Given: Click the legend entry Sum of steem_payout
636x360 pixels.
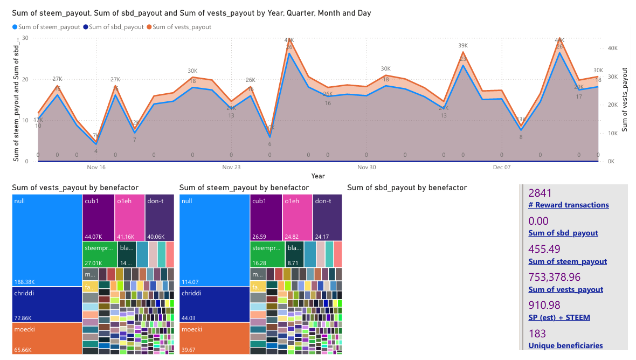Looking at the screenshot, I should (49, 27).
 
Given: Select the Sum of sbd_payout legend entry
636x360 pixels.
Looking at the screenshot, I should (116, 27).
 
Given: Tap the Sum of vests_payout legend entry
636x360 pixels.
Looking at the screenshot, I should (182, 27).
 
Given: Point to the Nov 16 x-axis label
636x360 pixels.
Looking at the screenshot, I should (96, 168).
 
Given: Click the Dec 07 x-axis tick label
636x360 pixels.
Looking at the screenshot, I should (501, 168).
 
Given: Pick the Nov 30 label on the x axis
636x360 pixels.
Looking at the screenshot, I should (366, 168).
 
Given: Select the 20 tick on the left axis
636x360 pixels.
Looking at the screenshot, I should (25, 79).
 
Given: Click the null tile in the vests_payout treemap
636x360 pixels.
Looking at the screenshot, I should (47, 240).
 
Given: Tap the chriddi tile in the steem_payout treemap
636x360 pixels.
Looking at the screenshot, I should (214, 304).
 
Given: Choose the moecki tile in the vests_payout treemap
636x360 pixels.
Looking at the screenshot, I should (47, 338).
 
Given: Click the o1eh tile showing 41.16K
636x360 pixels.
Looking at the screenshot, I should (129, 218).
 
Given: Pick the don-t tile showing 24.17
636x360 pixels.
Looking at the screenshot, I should (327, 218).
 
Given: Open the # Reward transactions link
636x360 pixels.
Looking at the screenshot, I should (569, 205).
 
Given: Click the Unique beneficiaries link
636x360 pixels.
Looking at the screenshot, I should (565, 345).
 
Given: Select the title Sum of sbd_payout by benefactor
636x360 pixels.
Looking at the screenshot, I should (407, 188).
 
